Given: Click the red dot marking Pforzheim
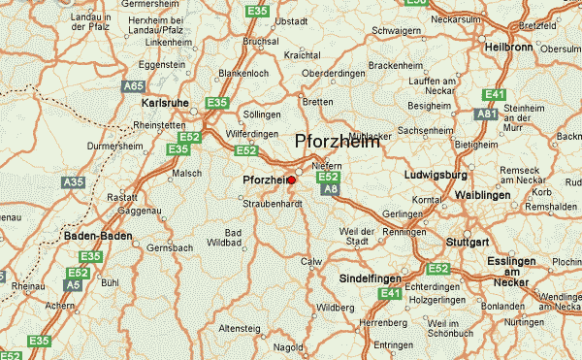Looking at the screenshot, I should (292, 180).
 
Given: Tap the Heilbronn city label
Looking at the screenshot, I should (511, 48).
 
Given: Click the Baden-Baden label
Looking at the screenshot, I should (96, 236).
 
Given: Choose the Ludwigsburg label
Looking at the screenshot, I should (436, 176).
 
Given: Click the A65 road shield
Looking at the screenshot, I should (134, 86).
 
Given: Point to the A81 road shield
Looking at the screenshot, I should (487, 115).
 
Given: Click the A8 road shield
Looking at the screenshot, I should (331, 190).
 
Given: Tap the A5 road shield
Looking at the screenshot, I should (74, 285).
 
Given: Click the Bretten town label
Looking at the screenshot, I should (317, 101).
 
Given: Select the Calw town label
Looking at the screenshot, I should (311, 261).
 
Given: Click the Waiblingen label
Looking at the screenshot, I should (509, 195).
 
